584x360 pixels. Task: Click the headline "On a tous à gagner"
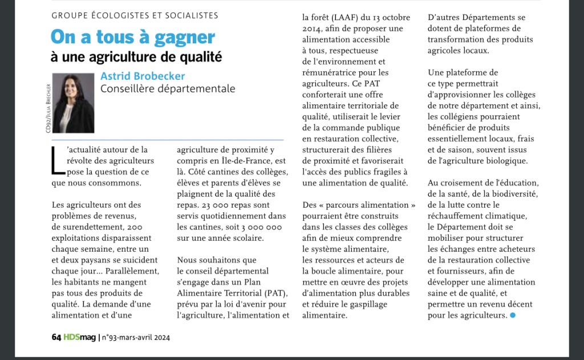(132, 37)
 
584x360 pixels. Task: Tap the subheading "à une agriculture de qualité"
(136, 57)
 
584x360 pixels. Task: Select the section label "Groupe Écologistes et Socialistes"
(135, 15)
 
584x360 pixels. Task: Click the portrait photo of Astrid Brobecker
(73, 103)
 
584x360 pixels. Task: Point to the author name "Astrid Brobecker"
(143, 76)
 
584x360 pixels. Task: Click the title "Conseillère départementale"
(168, 88)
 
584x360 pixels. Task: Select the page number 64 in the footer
(56, 337)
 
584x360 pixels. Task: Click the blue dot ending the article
(513, 315)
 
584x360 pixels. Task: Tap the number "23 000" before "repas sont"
(209, 205)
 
